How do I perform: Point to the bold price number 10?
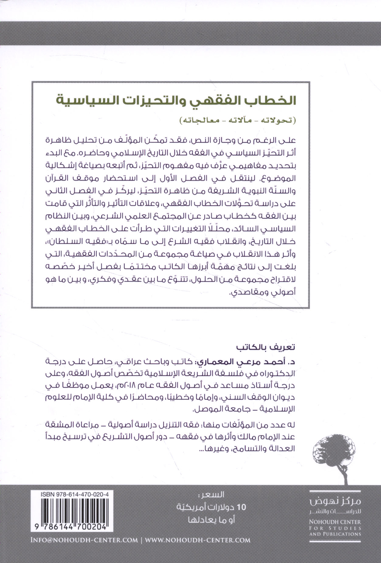[242, 507]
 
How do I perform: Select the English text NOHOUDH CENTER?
[335, 522]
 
